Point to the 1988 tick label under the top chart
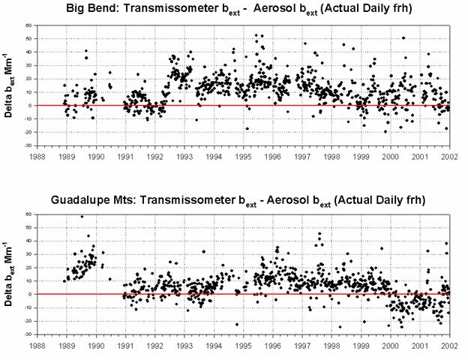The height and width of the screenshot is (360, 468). pos(36,157)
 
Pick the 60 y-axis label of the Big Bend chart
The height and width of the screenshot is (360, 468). pos(28,25)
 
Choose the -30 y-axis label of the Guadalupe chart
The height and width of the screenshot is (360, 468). pos(26,334)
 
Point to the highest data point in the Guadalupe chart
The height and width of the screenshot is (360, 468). pos(82,217)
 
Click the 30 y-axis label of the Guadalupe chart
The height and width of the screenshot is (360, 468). pos(28,253)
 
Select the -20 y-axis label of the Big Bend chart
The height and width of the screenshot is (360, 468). pos(26,132)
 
